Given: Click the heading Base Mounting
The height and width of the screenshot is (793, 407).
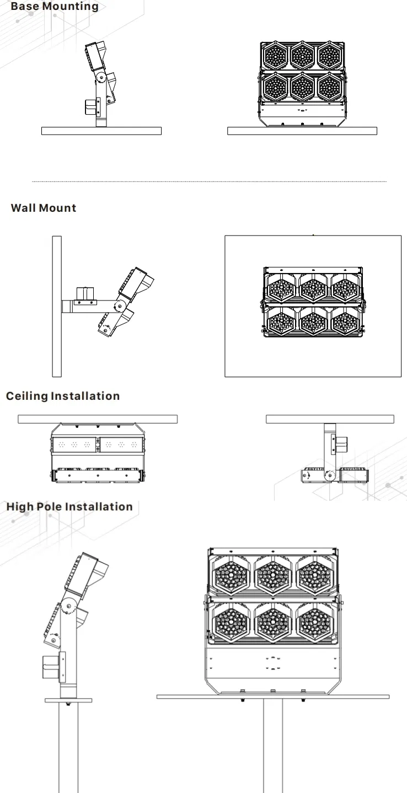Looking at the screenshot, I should [x=55, y=7].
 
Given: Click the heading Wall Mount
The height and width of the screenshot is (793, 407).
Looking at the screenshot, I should [x=44, y=208].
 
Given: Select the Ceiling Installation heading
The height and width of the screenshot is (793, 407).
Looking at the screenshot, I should [x=62, y=396].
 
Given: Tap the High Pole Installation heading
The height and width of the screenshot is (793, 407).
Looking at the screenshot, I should [x=69, y=506].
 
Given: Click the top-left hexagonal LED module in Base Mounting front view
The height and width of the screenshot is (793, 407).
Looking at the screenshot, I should [x=275, y=54].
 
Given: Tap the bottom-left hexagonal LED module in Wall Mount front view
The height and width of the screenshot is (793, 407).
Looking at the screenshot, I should [x=281, y=320].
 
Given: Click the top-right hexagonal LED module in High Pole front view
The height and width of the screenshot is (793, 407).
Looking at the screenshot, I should [x=314, y=575].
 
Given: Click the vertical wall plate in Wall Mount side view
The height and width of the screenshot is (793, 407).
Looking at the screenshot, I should [x=56, y=306].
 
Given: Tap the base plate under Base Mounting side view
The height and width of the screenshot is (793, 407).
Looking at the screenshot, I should [x=101, y=131].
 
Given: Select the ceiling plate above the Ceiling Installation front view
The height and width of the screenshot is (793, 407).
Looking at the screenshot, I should [x=98, y=419].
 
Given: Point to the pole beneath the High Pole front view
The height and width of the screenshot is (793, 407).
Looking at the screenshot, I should [x=272, y=744].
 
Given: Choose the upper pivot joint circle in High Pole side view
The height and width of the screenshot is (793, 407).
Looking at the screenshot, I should [x=69, y=606].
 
